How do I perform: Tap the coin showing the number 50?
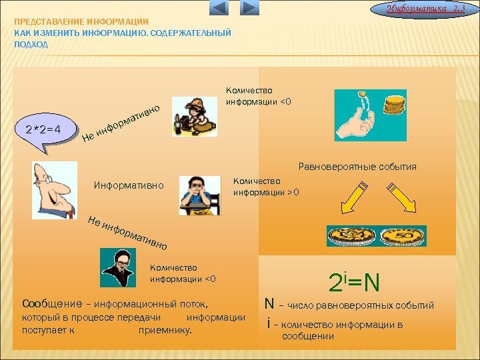tap(403, 237)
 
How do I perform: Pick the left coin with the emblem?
tap(350, 237)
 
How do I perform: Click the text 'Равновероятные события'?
tap(358, 167)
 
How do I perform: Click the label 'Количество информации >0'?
tap(266, 187)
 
